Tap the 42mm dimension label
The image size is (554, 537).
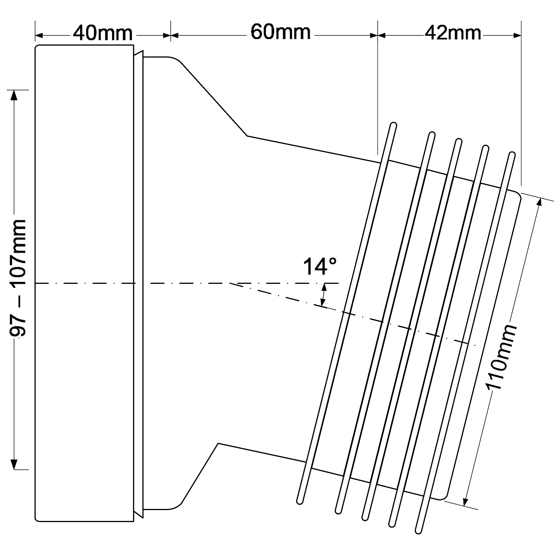tap(453, 33)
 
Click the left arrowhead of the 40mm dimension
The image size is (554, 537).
tap(39, 35)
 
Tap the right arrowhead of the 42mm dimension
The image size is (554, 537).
tap(517, 35)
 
